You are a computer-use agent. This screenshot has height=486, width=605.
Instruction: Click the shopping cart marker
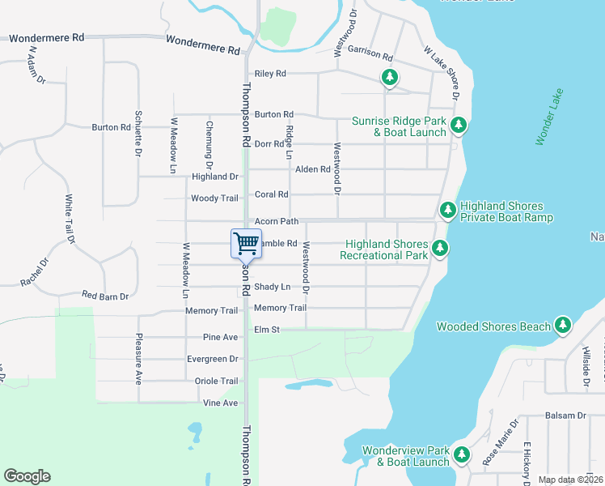(x=246, y=243)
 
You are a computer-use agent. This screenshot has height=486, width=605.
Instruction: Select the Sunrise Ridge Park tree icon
(x=459, y=125)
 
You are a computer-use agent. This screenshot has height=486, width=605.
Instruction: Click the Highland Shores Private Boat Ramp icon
(x=447, y=211)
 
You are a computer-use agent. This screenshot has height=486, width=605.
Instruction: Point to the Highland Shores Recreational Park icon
(x=440, y=249)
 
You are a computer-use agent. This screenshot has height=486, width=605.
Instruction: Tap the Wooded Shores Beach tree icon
(x=563, y=326)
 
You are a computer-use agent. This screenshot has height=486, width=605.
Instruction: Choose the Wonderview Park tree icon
(x=462, y=454)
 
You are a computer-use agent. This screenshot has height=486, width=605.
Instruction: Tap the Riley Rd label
(x=270, y=74)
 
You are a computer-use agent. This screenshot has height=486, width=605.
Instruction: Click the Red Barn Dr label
(x=105, y=296)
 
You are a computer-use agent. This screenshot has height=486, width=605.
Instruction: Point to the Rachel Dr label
(x=34, y=272)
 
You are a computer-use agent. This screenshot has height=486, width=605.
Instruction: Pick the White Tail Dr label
(x=70, y=219)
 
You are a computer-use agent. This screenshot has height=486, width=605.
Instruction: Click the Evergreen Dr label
(x=212, y=359)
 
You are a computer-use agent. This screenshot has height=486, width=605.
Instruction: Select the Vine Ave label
(x=220, y=403)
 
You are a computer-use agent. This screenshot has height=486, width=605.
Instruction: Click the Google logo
(x=27, y=476)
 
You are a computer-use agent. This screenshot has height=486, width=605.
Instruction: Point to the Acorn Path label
(x=277, y=221)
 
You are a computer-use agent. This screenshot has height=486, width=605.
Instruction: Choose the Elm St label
(x=266, y=330)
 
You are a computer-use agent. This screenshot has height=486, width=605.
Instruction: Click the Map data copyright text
(x=570, y=480)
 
